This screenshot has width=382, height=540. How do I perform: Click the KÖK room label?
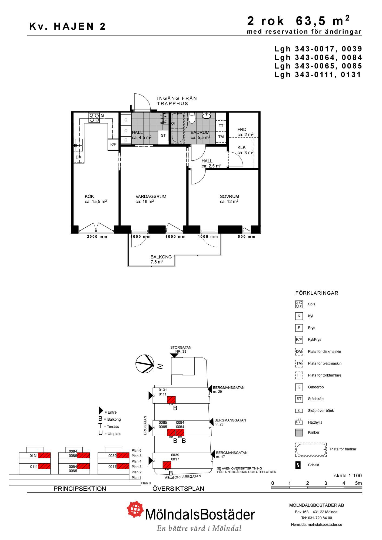(89, 197)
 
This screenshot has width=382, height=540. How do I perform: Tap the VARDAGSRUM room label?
(151, 197)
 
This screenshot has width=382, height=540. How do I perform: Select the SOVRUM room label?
(229, 197)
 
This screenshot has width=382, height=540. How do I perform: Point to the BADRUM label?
(200, 133)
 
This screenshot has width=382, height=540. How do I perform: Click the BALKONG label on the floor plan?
(161, 257)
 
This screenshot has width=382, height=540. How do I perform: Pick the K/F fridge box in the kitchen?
(113, 144)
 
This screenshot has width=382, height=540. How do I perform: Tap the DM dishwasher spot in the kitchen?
(78, 157)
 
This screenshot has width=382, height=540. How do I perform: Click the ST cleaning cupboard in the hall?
(163, 136)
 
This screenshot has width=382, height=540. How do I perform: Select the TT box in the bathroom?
(221, 126)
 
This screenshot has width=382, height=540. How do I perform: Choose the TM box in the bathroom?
(221, 137)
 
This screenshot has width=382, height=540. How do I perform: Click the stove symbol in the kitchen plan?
(94, 118)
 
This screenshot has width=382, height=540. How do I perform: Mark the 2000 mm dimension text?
(97, 237)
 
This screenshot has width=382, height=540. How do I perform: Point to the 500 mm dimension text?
(246, 237)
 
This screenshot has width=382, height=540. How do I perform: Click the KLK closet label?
(242, 147)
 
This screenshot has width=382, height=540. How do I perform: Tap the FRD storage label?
(242, 130)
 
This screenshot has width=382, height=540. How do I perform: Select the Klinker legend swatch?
(299, 432)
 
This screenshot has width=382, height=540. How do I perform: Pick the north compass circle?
(145, 364)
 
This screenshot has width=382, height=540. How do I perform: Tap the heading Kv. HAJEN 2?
(68, 26)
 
